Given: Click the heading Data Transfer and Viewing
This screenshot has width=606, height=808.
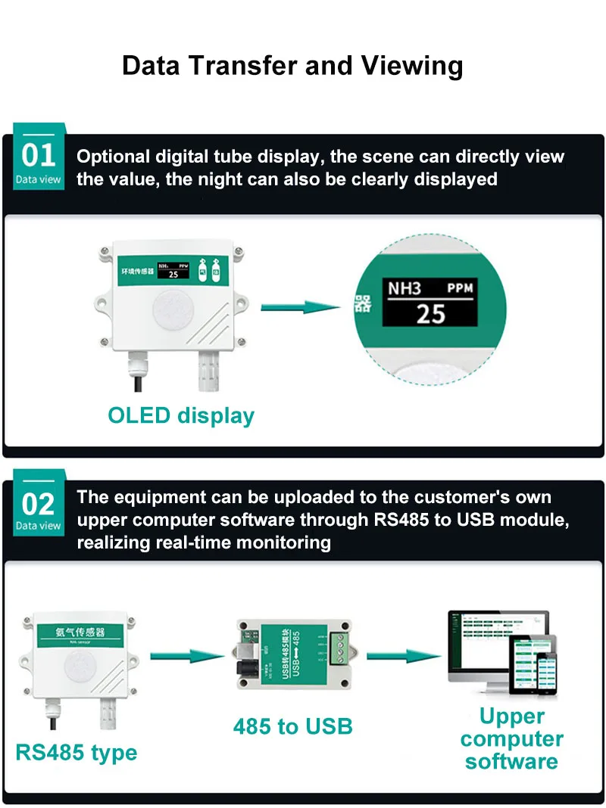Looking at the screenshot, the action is click(x=292, y=66).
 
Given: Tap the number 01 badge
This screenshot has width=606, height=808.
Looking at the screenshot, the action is click(x=39, y=157).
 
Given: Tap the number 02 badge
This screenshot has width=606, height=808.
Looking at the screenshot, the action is click(x=39, y=503).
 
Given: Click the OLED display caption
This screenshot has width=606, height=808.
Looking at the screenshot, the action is click(x=181, y=415).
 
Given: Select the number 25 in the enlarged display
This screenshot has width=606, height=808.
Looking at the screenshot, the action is click(x=430, y=313).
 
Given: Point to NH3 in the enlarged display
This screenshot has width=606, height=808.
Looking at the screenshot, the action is click(x=405, y=287).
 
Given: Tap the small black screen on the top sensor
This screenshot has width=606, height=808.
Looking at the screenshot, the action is click(x=173, y=270).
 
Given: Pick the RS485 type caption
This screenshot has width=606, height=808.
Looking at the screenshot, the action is click(x=77, y=753).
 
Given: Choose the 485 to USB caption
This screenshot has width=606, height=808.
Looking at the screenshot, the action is click(x=293, y=727).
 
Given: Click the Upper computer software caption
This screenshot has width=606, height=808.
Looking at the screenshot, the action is click(x=511, y=738).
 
